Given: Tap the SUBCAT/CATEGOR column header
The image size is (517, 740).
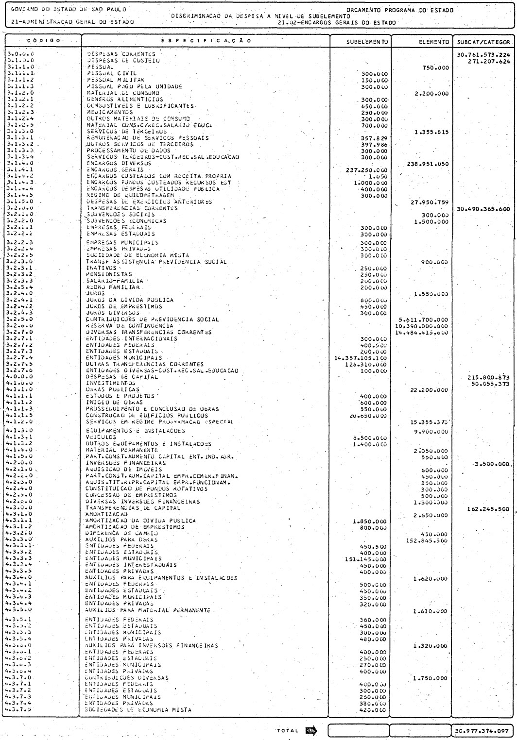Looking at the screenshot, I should tap(483, 41).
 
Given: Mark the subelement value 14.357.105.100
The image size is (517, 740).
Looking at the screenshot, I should tap(360, 357).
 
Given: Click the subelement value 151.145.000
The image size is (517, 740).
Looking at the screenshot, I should tap(365, 558).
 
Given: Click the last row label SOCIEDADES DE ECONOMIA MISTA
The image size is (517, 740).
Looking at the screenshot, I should tap(138, 710).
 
